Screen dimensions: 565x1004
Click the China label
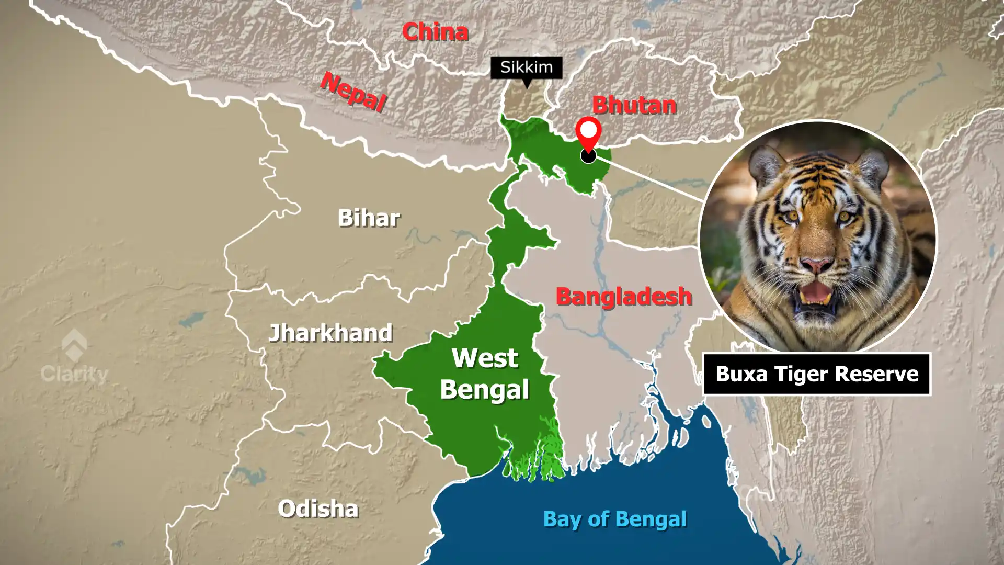pyautogui.click(x=435, y=32)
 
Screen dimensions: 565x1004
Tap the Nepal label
pyautogui.click(x=353, y=92)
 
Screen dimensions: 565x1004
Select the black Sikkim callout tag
pyautogui.click(x=526, y=67)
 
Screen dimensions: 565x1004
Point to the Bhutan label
pyautogui.click(x=634, y=105)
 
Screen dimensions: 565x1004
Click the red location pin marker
pyautogui.click(x=588, y=132)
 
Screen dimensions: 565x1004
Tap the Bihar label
pyautogui.click(x=369, y=218)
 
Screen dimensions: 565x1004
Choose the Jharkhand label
pyautogui.click(x=330, y=333)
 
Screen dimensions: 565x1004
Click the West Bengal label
pyautogui.click(x=485, y=374)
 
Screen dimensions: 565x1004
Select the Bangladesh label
pyautogui.click(x=623, y=297)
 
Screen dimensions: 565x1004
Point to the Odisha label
pyautogui.click(x=318, y=508)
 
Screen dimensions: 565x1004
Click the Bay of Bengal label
pyautogui.click(x=614, y=519)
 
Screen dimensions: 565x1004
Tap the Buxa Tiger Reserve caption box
pyautogui.click(x=816, y=374)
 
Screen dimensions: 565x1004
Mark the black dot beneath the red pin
pyautogui.click(x=588, y=155)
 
